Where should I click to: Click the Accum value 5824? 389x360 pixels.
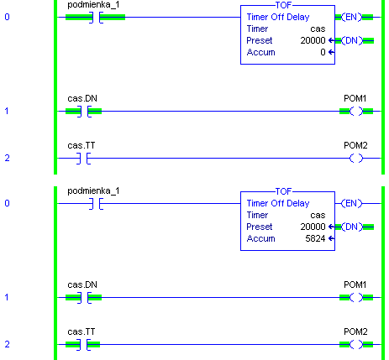315,238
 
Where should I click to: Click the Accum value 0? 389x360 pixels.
323,52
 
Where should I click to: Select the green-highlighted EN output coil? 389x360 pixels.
352,17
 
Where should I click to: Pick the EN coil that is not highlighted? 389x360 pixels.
352,203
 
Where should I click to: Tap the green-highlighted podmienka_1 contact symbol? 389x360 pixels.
96,18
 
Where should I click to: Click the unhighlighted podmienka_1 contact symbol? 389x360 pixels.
96,204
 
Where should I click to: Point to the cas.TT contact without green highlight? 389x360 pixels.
84,159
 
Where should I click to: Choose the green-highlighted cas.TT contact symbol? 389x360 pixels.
84,345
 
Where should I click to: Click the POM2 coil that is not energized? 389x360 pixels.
356,159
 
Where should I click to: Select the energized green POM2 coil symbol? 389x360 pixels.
356,345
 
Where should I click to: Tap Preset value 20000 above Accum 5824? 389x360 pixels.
313,227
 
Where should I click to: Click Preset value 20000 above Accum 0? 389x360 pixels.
313,40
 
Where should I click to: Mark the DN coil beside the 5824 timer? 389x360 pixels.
352,227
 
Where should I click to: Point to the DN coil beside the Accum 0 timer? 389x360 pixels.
352,40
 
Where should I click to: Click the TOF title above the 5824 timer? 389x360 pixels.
283,191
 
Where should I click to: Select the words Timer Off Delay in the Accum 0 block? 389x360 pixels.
278,17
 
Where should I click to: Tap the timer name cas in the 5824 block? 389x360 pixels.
318,215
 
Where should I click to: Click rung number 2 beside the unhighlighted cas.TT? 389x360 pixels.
7,158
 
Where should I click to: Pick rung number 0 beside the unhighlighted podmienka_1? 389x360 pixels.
7,203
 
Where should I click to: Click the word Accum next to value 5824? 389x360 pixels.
260,238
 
